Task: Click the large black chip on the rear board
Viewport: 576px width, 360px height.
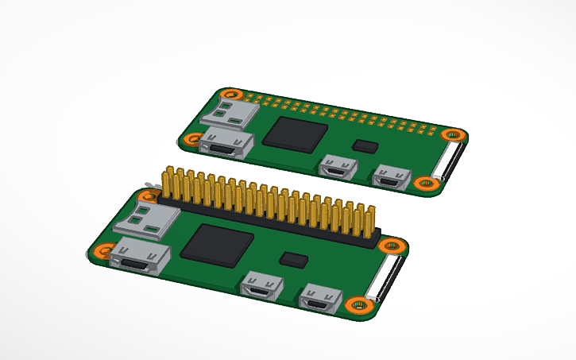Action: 296,132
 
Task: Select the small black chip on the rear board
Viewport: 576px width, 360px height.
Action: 366,145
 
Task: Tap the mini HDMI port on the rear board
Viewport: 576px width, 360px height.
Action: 227,145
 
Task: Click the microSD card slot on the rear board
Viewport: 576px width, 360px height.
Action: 230,112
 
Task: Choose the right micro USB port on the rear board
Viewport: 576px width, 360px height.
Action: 390,176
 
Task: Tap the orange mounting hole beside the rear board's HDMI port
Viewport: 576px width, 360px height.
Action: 191,140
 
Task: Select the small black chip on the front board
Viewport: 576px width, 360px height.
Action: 295,259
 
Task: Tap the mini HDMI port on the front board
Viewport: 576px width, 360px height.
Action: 140,260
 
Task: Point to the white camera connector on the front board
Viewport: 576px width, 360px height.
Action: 387,278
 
